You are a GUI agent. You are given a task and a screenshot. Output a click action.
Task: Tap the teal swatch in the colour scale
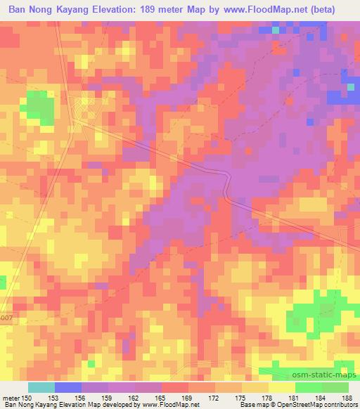[x=41, y=387]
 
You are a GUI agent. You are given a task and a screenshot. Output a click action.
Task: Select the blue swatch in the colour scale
[x=68, y=387]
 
